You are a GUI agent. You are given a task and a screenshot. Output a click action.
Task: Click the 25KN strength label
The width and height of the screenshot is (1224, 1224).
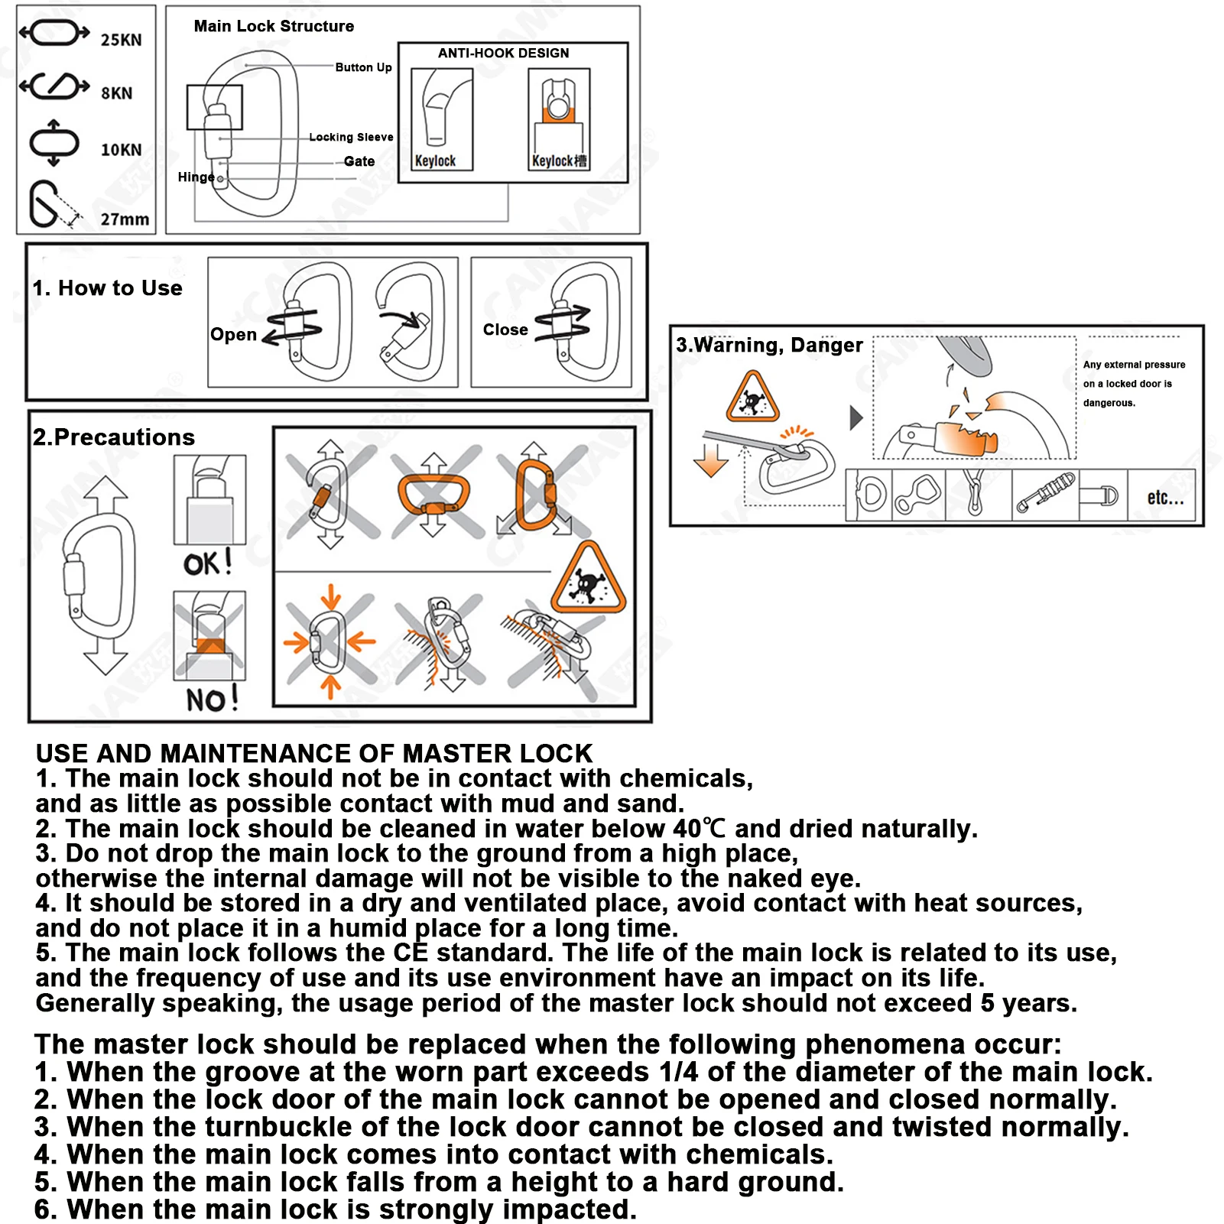[x=122, y=40]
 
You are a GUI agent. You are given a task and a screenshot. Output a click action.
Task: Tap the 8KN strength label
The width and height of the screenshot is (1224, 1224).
[x=117, y=93]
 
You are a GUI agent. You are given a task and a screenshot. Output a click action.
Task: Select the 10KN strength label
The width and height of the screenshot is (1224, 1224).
[x=122, y=150]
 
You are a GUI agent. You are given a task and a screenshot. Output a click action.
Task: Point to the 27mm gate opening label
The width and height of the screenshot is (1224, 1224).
[x=125, y=219]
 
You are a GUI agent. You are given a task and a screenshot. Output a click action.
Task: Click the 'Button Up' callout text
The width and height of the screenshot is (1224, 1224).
[x=363, y=67]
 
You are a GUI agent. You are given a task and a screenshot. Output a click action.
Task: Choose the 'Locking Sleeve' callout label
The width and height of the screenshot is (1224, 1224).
[x=351, y=138]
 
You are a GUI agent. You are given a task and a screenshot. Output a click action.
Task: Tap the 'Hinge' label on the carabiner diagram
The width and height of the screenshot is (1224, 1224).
[x=196, y=177]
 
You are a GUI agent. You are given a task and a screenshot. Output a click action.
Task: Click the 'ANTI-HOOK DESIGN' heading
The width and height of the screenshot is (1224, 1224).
[x=503, y=54]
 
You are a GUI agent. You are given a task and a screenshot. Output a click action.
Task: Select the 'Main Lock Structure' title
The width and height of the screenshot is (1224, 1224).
[x=274, y=27]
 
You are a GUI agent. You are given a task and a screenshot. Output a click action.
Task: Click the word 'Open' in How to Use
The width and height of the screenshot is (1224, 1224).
[x=233, y=335]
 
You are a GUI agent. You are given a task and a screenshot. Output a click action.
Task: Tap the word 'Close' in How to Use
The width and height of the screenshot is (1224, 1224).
[x=505, y=330]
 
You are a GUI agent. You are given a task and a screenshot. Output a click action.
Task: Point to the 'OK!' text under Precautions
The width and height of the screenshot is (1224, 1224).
[x=207, y=564]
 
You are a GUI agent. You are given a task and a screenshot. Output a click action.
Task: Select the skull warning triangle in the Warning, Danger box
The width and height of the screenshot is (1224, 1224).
[x=752, y=398]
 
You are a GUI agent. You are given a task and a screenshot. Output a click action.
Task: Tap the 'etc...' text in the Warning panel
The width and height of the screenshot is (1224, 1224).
[x=1165, y=498]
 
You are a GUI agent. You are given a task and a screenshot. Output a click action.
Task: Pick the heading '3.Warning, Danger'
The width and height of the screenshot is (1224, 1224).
[x=769, y=346]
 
